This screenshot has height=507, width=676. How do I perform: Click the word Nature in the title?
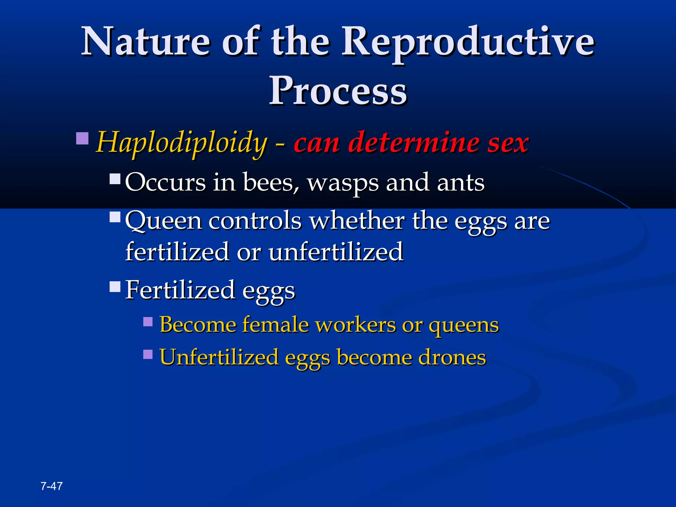coord(145,42)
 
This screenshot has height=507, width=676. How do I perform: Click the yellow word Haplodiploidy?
coord(181,143)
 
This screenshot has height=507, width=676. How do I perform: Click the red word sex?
coord(508,143)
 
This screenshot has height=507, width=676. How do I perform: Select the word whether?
coord(357,220)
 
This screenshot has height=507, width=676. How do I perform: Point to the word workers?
coord(355,325)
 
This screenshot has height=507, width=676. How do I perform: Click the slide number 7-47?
coord(51,486)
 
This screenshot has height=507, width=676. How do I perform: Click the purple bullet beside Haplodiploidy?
coord(82,139)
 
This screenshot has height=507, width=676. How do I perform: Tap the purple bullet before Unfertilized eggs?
coord(148,354)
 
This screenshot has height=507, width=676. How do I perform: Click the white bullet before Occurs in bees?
coord(115,179)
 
